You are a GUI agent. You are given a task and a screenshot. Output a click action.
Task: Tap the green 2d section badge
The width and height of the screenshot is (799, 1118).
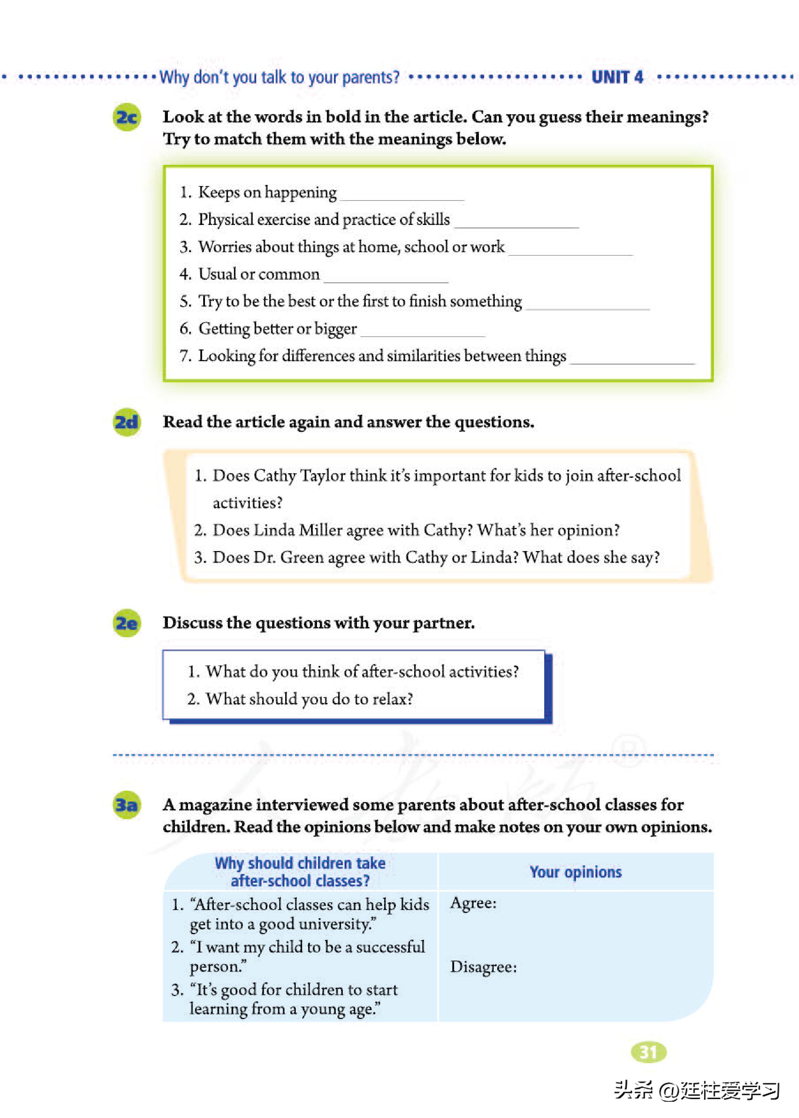tap(127, 422)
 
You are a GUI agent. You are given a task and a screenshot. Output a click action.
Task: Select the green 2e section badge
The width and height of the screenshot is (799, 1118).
tap(127, 623)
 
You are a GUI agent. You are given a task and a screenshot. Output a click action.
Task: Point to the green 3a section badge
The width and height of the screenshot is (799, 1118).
tap(127, 805)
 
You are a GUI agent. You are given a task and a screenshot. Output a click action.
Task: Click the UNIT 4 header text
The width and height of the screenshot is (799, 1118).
tap(617, 77)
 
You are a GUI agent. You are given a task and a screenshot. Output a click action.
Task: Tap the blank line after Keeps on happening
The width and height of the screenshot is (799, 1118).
tap(402, 196)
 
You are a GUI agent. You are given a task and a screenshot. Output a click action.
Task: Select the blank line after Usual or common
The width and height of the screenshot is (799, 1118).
tap(386, 278)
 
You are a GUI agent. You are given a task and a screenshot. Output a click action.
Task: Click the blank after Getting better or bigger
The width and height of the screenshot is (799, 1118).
tap(423, 333)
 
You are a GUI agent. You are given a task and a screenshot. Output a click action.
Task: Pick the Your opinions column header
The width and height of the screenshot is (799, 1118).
tap(575, 872)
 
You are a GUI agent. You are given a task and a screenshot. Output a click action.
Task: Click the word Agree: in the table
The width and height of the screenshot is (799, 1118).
tap(473, 903)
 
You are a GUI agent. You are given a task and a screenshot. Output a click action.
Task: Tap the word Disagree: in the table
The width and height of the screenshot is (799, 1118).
tap(483, 967)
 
